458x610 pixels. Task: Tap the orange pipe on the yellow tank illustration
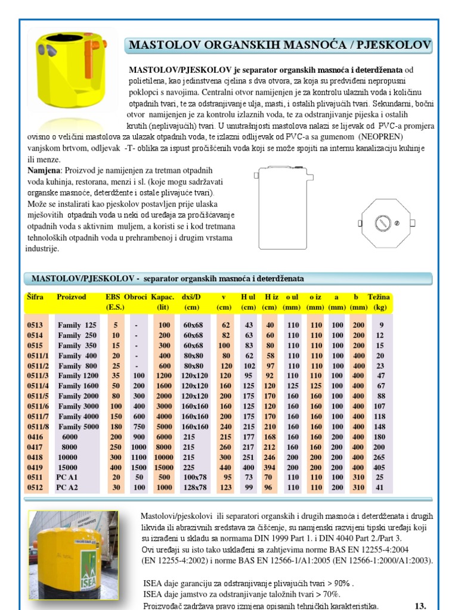click(x=90, y=52)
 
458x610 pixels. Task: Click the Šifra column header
click(x=35, y=297)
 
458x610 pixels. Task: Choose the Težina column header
click(x=379, y=297)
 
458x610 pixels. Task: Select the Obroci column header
click(x=136, y=297)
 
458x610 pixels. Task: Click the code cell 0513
click(x=35, y=325)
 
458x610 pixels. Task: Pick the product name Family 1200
click(x=78, y=376)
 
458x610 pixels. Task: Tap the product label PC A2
click(x=67, y=487)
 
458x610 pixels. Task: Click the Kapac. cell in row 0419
click(x=164, y=467)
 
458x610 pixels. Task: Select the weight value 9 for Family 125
click(x=380, y=325)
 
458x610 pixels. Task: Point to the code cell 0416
click(x=35, y=437)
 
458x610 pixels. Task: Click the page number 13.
click(x=420, y=605)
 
